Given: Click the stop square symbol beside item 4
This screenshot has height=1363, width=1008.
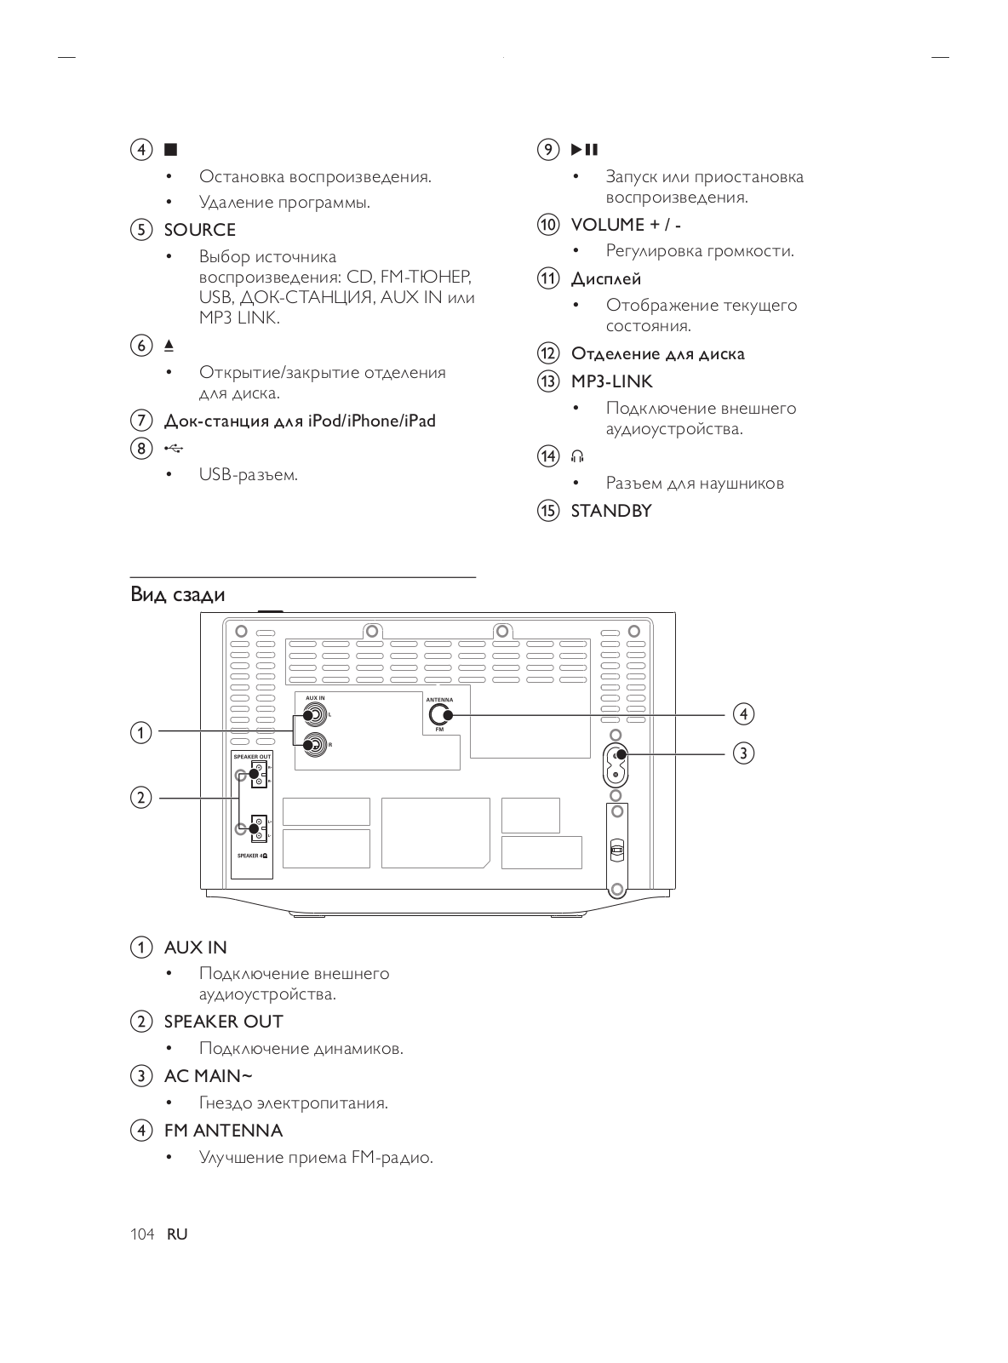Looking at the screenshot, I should click(171, 150).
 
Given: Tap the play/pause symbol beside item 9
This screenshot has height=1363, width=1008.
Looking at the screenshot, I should click(584, 150).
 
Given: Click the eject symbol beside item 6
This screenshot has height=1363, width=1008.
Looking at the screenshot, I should click(169, 345).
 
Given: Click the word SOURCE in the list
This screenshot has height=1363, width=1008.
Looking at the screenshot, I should click(199, 230).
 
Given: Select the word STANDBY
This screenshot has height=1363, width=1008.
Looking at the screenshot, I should click(610, 511).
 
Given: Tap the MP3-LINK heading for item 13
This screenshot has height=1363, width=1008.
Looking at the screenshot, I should click(611, 381).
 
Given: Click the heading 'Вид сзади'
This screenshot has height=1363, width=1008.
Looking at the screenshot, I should click(178, 594).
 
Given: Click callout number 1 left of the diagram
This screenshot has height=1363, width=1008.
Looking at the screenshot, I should click(140, 731).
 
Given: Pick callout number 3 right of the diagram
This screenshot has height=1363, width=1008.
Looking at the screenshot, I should click(743, 753).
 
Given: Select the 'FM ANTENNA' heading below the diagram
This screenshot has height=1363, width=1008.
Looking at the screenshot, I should click(223, 1131).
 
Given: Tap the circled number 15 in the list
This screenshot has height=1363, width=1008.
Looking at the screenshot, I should click(547, 511).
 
